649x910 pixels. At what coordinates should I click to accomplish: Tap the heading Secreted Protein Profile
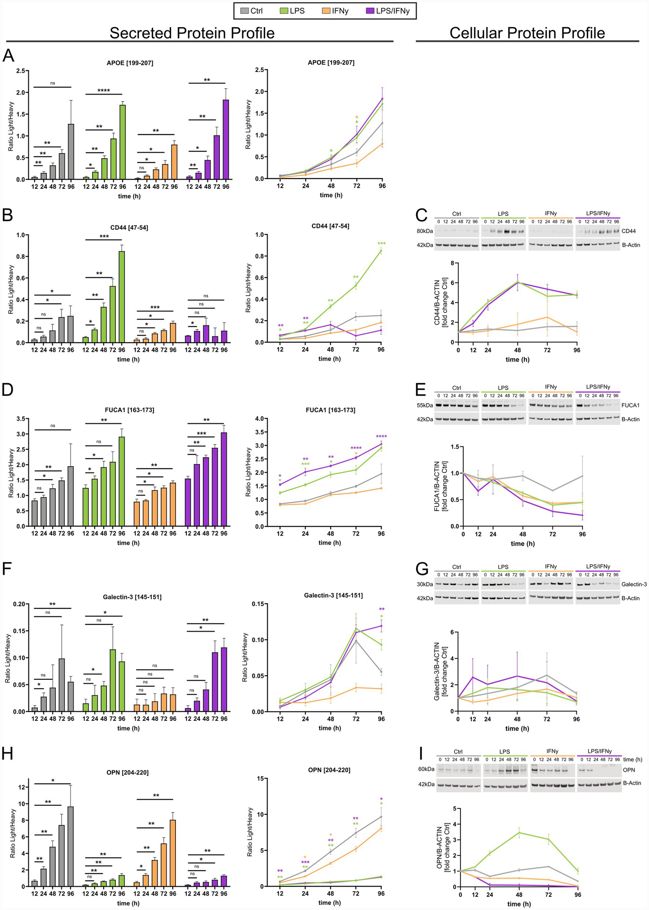[192, 33]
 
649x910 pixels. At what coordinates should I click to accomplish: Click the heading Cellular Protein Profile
[527, 33]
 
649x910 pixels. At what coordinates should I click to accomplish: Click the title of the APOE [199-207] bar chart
[130, 63]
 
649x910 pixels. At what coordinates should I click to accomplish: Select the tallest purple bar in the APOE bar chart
[225, 140]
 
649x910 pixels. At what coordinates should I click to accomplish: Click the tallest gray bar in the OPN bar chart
[71, 847]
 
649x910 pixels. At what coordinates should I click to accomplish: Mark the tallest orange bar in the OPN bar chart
[173, 853]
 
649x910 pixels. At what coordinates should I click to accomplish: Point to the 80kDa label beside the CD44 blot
[424, 231]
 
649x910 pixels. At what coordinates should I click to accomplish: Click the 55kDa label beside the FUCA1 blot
[424, 405]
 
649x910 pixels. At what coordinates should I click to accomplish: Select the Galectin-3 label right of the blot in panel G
[634, 584]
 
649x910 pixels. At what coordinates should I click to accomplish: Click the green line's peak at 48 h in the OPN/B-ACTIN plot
[519, 833]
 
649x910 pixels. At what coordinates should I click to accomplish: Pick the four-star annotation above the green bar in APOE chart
[104, 91]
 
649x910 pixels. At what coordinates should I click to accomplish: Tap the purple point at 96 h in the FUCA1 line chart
[381, 444]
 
